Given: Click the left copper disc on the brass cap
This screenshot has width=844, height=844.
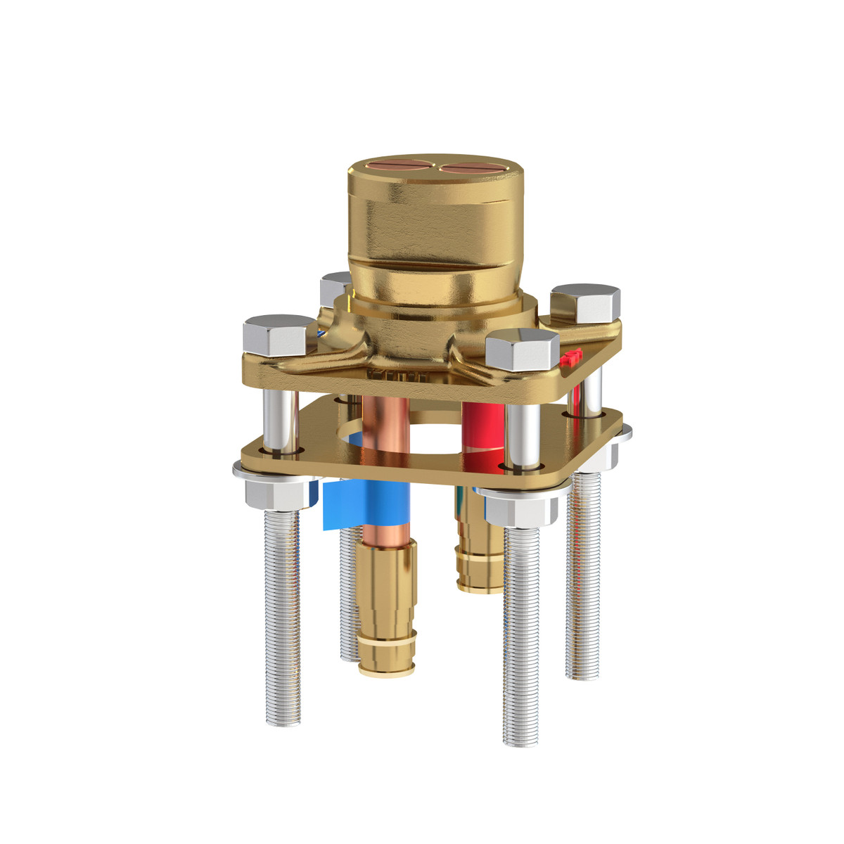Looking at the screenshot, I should (x=396, y=167).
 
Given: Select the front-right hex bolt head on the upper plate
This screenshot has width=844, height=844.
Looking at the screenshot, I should (x=522, y=349).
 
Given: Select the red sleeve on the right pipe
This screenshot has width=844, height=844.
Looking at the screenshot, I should (x=484, y=429).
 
